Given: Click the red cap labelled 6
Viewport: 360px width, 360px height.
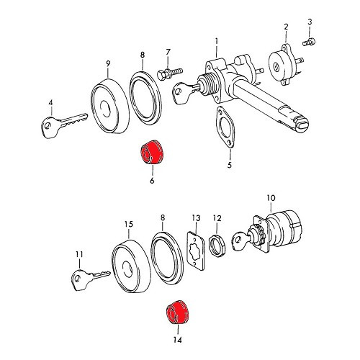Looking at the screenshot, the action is coord(152,152).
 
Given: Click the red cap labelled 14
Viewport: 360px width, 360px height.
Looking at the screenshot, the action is coord(178,312).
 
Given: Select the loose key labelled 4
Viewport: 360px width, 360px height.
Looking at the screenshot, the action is coord(64,125).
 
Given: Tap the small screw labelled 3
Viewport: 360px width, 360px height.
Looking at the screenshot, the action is coord(309,42).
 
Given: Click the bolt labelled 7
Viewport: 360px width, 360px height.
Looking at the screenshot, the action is coord(170,73).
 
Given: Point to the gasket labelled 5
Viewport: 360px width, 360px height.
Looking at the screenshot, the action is coord(225,127).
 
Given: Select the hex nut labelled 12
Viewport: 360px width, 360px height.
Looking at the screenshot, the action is coord(217,246).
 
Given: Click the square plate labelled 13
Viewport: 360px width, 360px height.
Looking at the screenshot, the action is coord(196,251).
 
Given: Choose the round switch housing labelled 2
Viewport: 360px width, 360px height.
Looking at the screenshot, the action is coord(284,64).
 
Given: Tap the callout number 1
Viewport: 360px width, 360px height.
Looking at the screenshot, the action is coord(217,42).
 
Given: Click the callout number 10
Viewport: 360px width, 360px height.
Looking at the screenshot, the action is coord(271,198).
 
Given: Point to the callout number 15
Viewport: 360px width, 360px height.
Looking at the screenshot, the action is coord(129,224).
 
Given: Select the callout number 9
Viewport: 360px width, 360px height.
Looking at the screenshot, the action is coord(108,64).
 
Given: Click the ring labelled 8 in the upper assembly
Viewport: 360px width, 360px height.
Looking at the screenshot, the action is coord(145,98).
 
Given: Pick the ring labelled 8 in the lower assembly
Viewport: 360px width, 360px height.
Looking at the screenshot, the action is coord(167,258).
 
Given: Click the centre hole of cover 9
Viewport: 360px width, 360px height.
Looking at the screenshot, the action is coord(105,107).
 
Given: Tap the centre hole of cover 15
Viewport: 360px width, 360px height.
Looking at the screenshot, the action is coord(127,269).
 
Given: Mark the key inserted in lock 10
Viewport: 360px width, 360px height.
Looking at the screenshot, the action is coord(240,238).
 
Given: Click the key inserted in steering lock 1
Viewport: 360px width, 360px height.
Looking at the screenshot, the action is coord(185,92).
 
